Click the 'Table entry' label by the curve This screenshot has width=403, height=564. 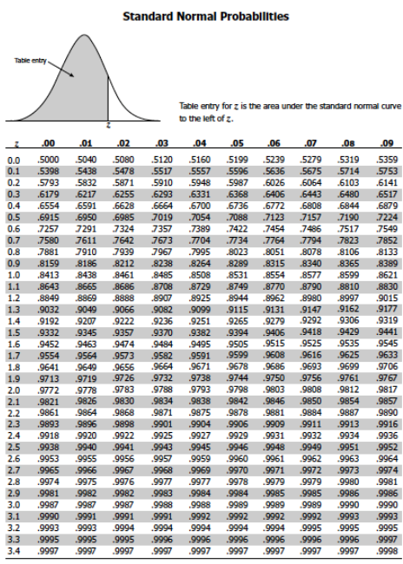pos(30,60)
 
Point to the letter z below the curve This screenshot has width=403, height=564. pos(107,126)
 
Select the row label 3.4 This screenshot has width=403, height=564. pos(14,550)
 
